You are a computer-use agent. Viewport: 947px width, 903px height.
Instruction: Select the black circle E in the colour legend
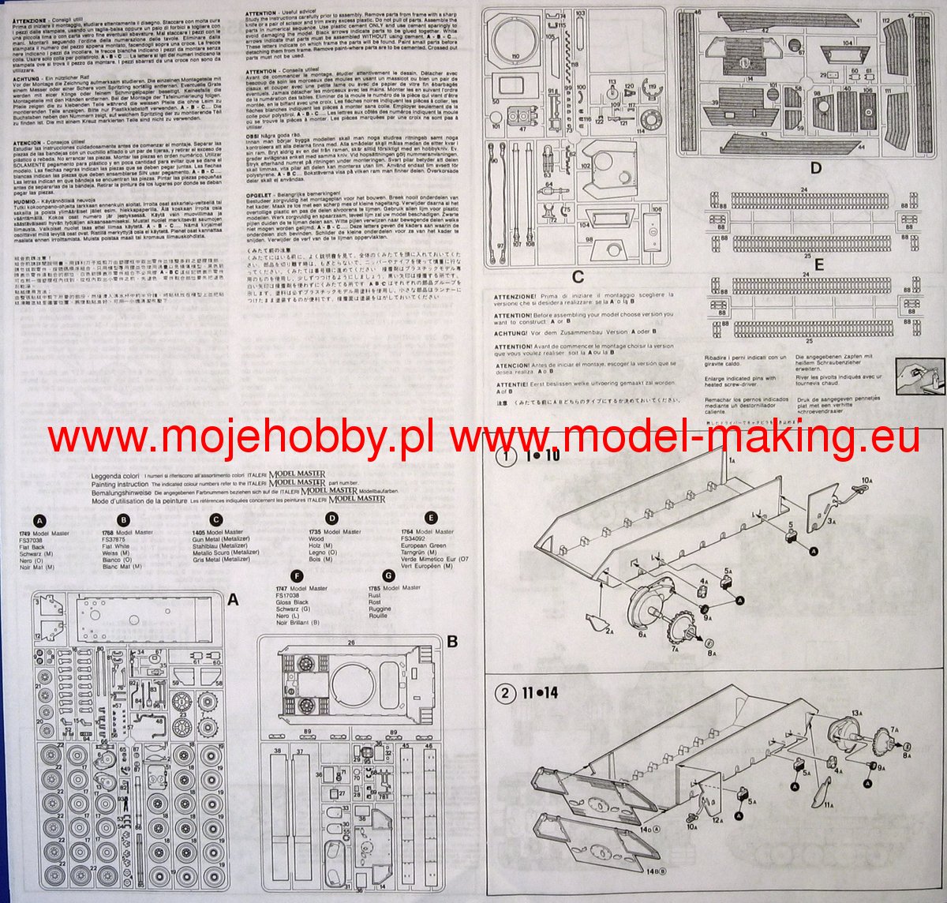click(x=430, y=518)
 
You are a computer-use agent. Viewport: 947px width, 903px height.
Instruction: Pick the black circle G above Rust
click(x=387, y=575)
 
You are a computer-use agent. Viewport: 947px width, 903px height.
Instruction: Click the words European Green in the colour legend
click(x=425, y=545)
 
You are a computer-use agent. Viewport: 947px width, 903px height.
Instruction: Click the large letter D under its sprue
click(x=815, y=167)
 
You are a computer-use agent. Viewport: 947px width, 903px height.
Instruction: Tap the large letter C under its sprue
click(x=578, y=276)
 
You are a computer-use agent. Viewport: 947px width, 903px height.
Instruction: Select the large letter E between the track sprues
click(x=819, y=264)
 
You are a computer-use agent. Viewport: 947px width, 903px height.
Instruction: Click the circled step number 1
click(x=502, y=457)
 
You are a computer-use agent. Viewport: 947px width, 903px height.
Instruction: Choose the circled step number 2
click(x=503, y=694)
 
